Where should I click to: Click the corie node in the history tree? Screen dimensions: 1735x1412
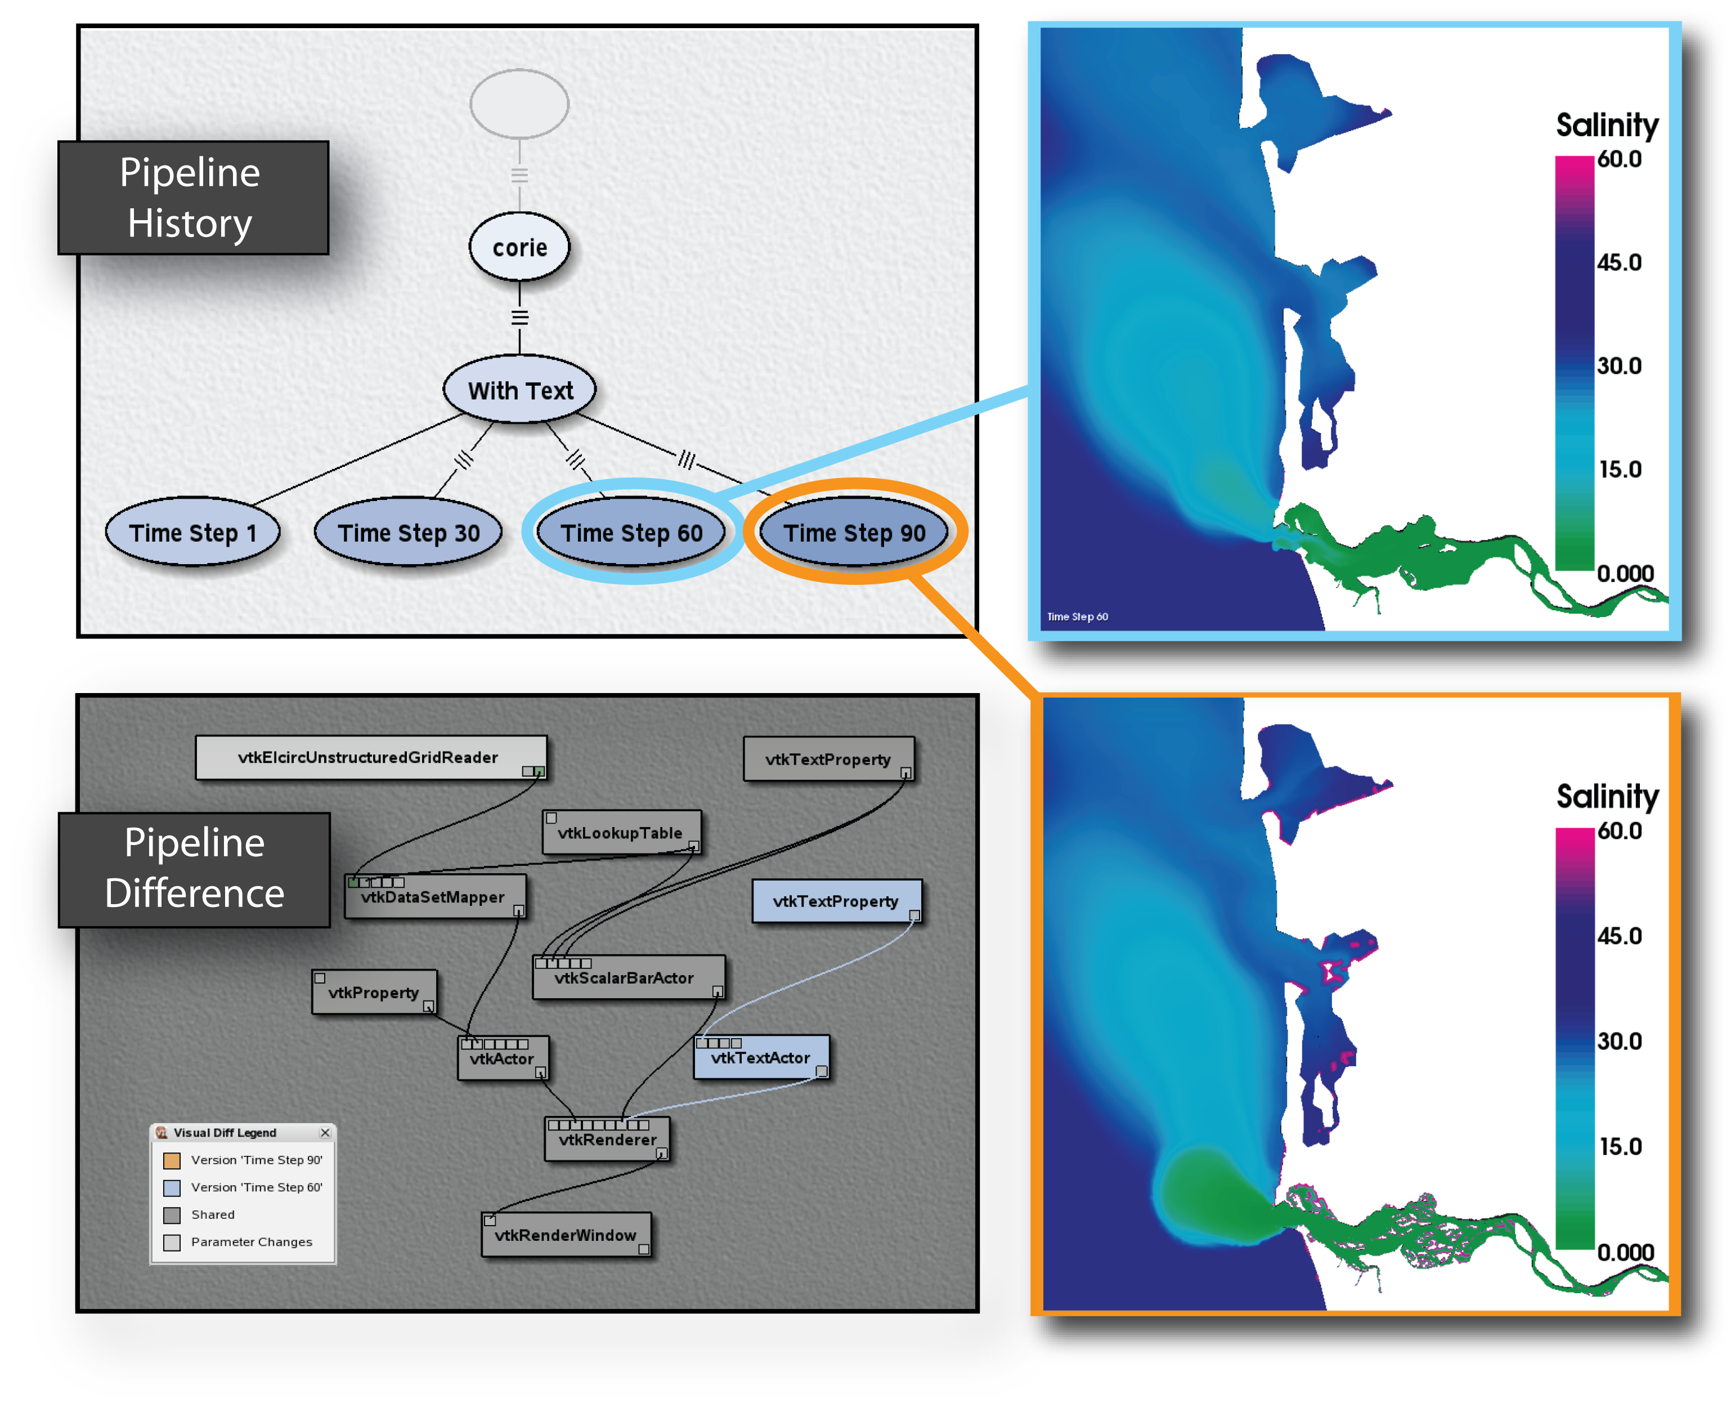point(519,247)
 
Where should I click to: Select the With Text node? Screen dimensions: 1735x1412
point(519,390)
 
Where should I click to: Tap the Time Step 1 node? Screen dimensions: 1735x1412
point(192,532)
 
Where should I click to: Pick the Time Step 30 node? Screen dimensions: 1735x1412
point(408,532)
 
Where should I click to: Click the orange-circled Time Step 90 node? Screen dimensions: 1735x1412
point(854,532)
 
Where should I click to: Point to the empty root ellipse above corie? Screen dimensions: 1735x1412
point(519,103)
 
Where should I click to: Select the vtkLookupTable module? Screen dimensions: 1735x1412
point(622,832)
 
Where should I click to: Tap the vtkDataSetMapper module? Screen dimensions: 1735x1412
point(435,896)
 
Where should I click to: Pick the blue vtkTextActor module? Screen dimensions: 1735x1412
point(761,1057)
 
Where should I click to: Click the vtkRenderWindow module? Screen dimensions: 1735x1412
point(566,1234)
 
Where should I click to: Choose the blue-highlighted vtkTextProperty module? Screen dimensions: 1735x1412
point(837,900)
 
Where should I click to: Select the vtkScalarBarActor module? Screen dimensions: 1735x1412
point(629,977)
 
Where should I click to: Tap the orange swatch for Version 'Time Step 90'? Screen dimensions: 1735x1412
point(172,1160)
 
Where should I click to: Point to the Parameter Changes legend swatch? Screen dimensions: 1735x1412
point(172,1242)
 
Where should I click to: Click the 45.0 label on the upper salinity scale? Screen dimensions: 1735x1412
point(1619,262)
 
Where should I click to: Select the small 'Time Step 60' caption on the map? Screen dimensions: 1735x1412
point(1077,616)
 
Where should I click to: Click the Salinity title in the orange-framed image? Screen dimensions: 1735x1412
point(1607,796)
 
